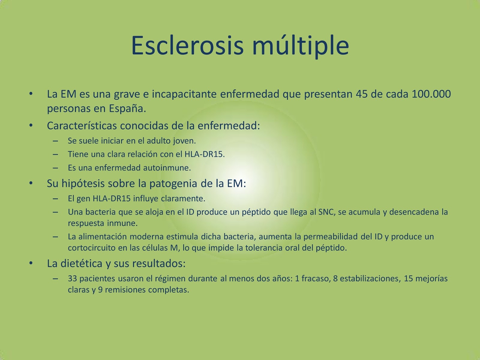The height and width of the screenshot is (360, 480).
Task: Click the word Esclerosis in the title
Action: [x=187, y=46]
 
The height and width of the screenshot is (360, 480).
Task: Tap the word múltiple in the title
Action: [x=301, y=46]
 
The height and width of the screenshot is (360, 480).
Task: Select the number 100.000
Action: [x=431, y=94]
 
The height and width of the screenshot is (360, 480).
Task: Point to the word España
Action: [x=127, y=108]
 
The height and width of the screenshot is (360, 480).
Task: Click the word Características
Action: [x=82, y=126]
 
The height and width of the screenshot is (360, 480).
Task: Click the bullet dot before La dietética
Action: [x=31, y=263]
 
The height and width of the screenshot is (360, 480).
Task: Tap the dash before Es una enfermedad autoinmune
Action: [x=55, y=168]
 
